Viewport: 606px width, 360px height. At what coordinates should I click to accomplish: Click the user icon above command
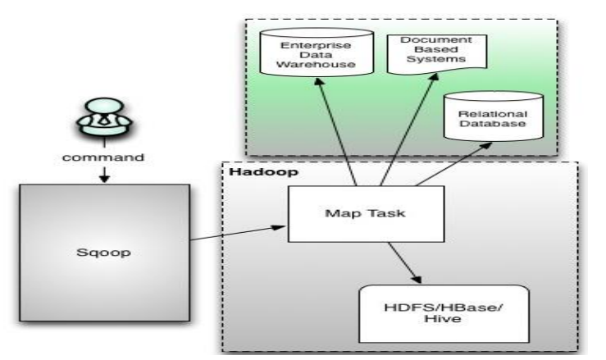click(x=100, y=124)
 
